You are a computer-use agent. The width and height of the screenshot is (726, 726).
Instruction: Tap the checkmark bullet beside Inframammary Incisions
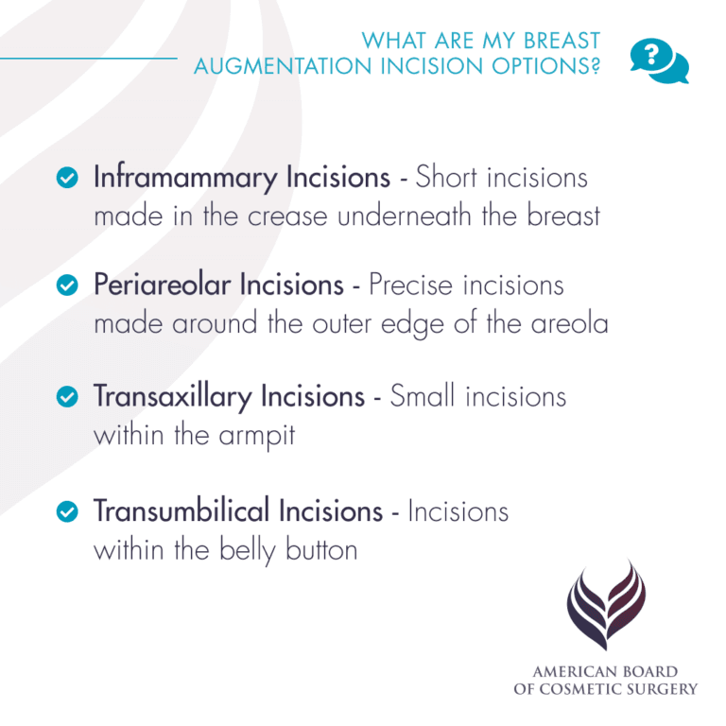[x=67, y=178]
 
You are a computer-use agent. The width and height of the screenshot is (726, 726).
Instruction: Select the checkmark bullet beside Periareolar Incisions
[x=67, y=285]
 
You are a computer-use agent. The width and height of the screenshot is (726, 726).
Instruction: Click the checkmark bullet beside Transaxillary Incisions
[x=67, y=397]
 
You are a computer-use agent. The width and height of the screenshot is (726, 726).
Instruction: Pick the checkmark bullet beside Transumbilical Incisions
[x=67, y=511]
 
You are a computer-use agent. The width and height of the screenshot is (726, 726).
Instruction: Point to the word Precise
[x=419, y=285]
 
